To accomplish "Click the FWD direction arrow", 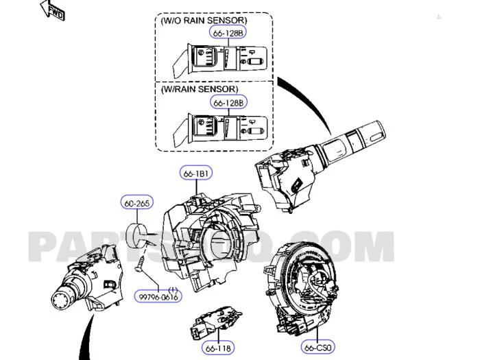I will (51, 10).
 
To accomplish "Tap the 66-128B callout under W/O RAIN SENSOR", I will (228, 33).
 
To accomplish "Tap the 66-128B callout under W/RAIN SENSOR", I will (228, 103).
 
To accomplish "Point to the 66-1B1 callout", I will (195, 174).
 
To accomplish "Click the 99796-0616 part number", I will (158, 297).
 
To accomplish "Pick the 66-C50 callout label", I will (319, 348).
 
